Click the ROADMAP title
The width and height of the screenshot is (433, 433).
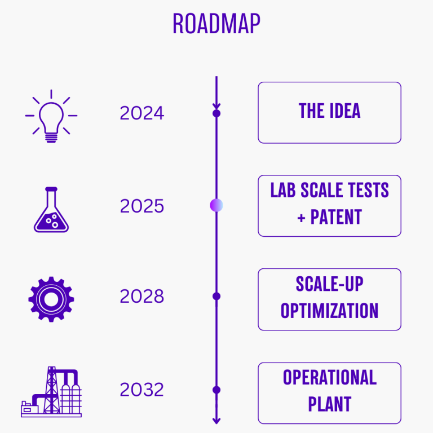tap(216, 24)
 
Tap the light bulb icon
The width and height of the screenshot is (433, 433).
tap(51, 116)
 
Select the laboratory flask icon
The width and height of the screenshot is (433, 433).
tap(51, 210)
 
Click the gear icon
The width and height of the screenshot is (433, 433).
tap(51, 299)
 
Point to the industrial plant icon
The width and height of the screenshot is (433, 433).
tap(51, 392)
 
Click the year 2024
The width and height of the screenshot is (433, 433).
tap(142, 113)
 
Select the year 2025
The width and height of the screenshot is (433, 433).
tap(142, 206)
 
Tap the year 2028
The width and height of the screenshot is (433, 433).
tap(142, 297)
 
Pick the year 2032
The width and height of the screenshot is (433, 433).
tap(142, 390)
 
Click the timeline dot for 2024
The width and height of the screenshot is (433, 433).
tap(216, 113)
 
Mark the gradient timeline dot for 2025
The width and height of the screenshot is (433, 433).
tap(216, 205)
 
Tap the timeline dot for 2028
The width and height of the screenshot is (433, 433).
tap(216, 297)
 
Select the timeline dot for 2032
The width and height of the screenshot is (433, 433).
tap(216, 390)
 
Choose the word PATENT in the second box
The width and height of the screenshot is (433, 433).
tap(336, 217)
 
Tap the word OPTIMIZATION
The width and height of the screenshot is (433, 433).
tap(329, 311)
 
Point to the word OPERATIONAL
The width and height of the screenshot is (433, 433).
tap(330, 377)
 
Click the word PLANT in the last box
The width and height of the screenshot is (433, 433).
tap(330, 404)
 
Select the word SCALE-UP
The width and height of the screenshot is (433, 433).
tap(329, 284)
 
